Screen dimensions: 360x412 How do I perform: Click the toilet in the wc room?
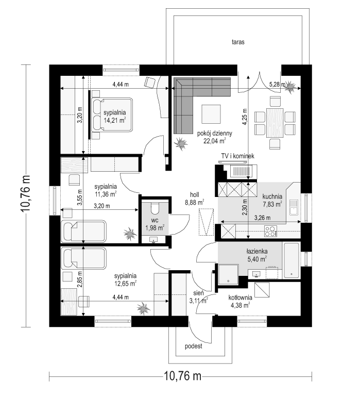point(155,208)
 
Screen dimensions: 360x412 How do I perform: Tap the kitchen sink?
point(294,207)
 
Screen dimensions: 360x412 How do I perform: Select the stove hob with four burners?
point(270,231)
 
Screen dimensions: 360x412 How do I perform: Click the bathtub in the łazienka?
point(292,260)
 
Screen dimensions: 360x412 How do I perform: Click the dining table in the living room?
point(275,123)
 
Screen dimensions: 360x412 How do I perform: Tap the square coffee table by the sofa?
point(211,114)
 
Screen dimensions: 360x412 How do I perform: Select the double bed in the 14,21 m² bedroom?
point(112,115)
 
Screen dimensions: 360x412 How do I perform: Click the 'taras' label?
point(238,42)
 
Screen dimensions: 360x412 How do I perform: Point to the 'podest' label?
point(193,347)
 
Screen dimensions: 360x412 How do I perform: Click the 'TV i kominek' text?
point(238,156)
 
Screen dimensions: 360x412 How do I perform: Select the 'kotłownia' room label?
point(240,298)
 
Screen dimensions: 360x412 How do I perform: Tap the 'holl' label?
point(195,195)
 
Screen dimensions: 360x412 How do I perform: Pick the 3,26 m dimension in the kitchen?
point(262,218)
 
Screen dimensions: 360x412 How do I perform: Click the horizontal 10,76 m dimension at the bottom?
point(183,376)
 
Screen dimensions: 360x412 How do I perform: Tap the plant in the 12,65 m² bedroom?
point(144,308)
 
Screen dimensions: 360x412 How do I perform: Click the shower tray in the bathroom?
point(228,274)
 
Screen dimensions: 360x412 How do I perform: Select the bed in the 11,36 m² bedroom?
point(83,231)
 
